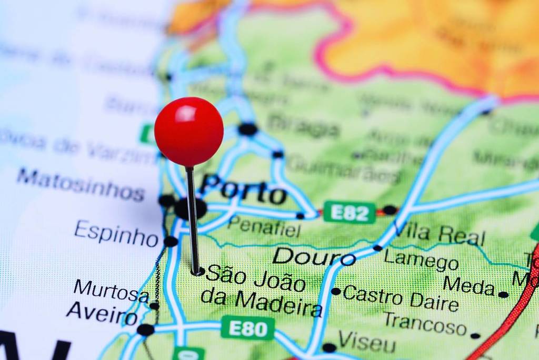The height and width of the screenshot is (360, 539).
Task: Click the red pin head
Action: (188, 132)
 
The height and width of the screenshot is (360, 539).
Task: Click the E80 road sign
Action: (247, 328)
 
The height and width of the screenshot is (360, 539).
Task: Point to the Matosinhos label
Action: (80, 184)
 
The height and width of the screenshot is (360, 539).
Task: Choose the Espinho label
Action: (116, 233)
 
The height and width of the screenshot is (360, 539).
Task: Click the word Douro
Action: (314, 256)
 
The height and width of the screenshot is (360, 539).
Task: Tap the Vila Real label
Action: (439, 234)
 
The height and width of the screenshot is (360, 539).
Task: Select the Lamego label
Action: (421, 259)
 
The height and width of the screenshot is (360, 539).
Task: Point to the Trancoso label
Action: (425, 323)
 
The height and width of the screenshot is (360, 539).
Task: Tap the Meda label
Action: (468, 286)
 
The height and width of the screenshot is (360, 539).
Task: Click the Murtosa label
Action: (111, 291)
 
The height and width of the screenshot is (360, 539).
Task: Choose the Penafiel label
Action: (264, 227)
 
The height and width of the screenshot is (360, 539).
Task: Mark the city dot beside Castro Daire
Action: (336, 291)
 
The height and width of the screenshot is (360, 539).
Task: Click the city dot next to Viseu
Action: (329, 347)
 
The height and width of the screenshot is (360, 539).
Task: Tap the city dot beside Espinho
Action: (171, 242)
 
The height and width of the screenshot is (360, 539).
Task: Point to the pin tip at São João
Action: (197, 272)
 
